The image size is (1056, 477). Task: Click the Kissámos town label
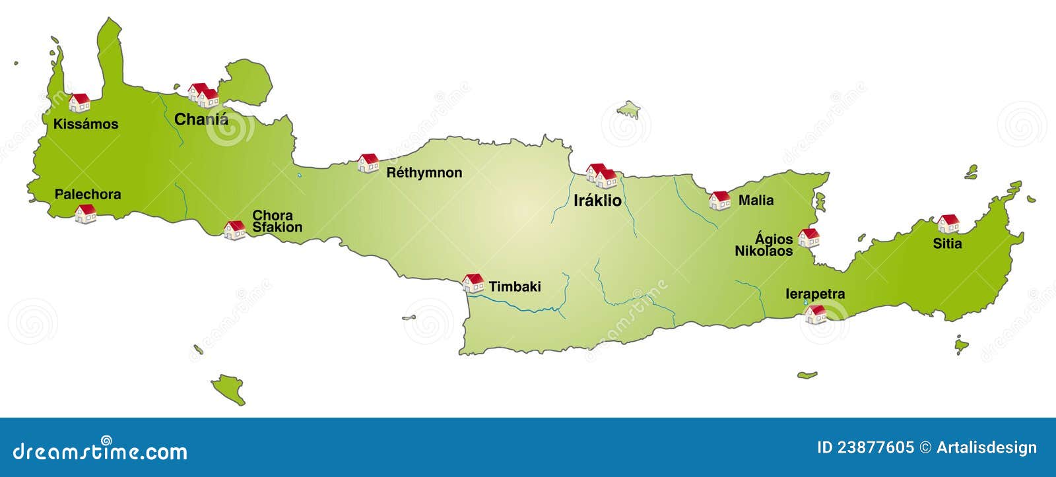(x=86, y=124)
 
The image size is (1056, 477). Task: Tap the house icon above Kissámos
(x=79, y=102)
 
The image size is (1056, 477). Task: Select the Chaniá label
(x=201, y=119)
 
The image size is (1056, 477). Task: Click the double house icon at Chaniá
(x=203, y=95)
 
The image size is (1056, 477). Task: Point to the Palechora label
(x=88, y=195)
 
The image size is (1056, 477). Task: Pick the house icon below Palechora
(x=85, y=214)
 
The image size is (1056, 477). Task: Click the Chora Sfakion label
(x=277, y=221)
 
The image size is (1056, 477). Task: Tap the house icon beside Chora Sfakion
(x=234, y=230)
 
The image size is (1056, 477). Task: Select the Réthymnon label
(x=424, y=173)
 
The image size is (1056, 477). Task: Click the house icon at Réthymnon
(x=368, y=163)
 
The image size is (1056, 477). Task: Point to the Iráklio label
(x=597, y=201)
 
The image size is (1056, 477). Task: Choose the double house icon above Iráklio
(x=601, y=175)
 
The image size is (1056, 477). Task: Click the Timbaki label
(x=515, y=286)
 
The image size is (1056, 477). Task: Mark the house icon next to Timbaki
(x=473, y=283)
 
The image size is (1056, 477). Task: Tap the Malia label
(x=756, y=201)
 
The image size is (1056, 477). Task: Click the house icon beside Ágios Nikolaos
(x=808, y=238)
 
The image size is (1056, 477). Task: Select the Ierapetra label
(x=815, y=294)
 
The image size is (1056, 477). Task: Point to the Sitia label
(x=947, y=243)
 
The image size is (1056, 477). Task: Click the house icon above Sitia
(x=948, y=224)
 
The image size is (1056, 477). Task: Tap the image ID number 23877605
(x=875, y=448)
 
